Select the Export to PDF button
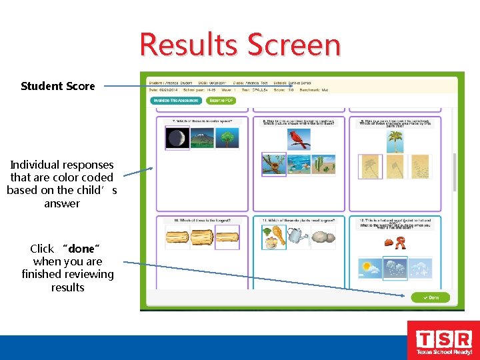coord(221,101)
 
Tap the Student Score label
coord(58,86)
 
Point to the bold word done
coord(81,249)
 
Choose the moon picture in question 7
coord(177,138)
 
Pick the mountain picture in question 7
coord(201,138)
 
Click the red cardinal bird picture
coord(298,139)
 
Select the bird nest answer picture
coord(273,164)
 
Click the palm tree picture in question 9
coord(395,141)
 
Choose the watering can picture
coord(298,237)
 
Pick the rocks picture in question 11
coord(324,237)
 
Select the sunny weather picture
coord(371,269)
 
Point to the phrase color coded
coord(86,177)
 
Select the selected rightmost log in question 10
coord(227,237)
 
